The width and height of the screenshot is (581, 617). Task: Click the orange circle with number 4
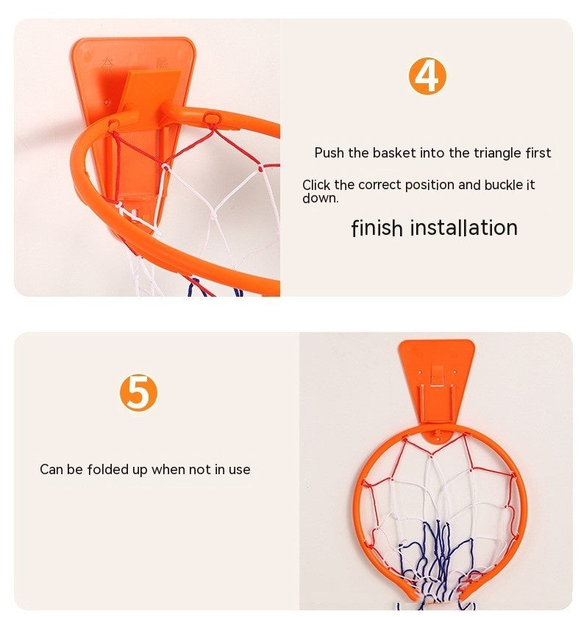pos(427,76)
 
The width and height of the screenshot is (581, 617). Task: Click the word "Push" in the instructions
pos(330,153)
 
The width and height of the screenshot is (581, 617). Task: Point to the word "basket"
pos(393,153)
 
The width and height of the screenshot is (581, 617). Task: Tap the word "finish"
pos(377,228)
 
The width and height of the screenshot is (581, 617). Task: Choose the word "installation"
pos(463,228)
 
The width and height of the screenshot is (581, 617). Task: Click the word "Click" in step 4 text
pos(316,185)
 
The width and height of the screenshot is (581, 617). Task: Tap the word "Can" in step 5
pos(51,469)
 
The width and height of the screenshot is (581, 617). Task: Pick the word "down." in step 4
pos(320,198)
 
